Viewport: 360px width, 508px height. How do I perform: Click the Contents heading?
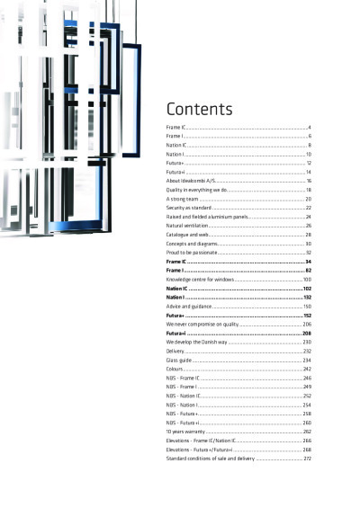199,110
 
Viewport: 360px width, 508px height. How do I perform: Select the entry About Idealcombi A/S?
190,181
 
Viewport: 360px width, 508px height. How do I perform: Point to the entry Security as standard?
188,208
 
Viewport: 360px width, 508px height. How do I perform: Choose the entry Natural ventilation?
186,226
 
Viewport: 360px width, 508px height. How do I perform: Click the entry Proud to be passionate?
190,253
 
